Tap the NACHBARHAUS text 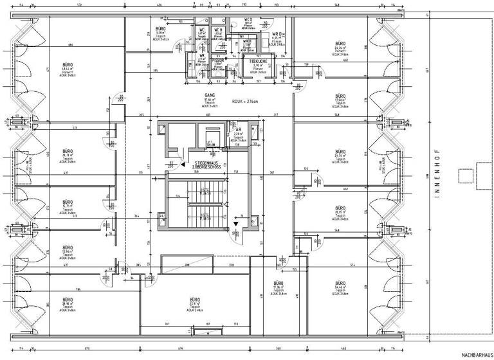click(475, 355)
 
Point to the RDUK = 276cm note click(244, 101)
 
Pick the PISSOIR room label click(218, 62)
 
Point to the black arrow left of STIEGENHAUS click(183, 163)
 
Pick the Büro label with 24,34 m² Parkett click(340, 46)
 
